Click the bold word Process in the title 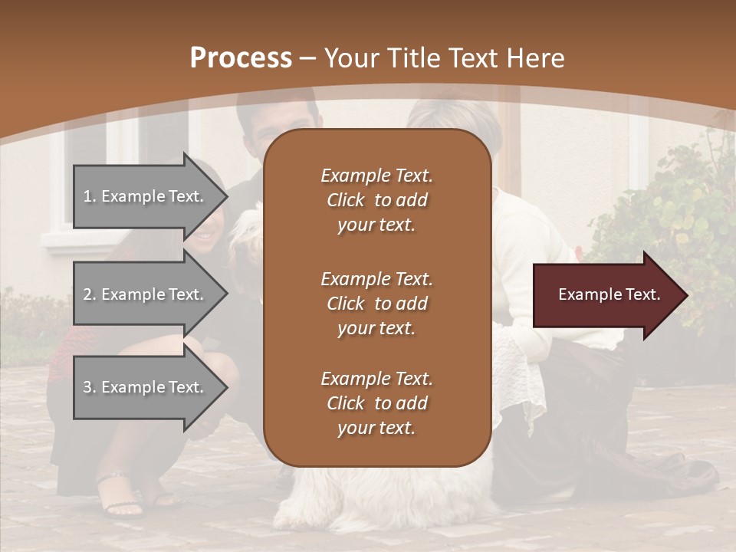click(x=241, y=58)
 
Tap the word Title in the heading click(x=414, y=58)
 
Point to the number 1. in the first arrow click(x=90, y=196)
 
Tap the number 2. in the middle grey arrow click(x=90, y=294)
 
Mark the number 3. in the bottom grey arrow click(x=90, y=387)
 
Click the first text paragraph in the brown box click(x=376, y=200)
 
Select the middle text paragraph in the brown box click(x=376, y=304)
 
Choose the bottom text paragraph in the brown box click(x=376, y=403)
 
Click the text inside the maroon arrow click(x=609, y=294)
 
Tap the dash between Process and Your click(x=307, y=59)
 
